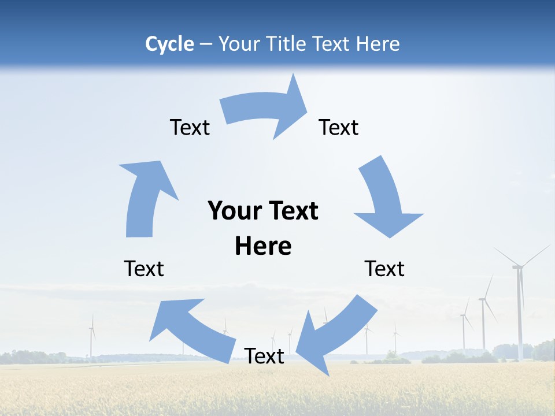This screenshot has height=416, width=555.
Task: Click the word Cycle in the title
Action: [169, 44]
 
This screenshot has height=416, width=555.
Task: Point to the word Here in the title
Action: [378, 44]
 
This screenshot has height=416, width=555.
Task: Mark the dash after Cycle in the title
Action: [206, 44]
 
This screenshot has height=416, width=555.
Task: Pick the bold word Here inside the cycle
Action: [263, 246]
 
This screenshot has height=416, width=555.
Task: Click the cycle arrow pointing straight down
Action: [385, 199]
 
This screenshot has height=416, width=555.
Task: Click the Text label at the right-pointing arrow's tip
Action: [339, 127]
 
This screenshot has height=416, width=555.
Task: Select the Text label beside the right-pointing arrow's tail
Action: [190, 127]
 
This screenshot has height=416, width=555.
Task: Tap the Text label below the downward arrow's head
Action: [384, 269]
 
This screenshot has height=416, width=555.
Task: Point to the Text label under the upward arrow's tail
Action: [144, 269]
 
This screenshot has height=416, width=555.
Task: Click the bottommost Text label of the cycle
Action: [264, 356]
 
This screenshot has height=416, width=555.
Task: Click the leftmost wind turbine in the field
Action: [91, 338]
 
